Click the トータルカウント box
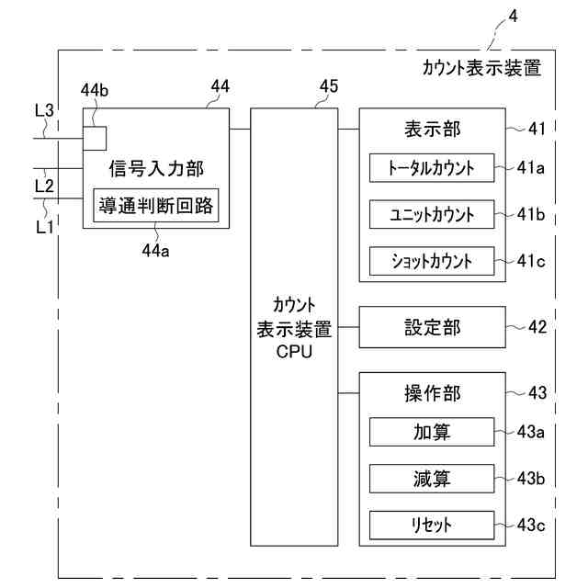[432, 168]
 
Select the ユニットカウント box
[432, 214]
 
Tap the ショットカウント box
[432, 261]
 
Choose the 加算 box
[432, 432]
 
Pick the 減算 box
[432, 479]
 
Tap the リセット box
[432, 526]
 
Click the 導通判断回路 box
[155, 204]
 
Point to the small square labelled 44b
[95, 137]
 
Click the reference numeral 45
[328, 86]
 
